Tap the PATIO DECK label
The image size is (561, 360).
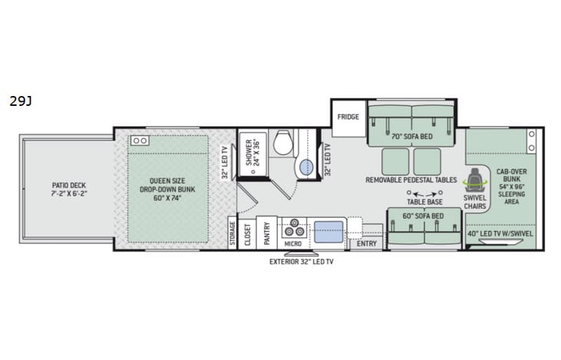tap(67, 190)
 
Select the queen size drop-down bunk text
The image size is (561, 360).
tap(167, 190)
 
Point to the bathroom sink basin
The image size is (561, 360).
tap(305, 167)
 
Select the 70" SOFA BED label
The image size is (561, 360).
tap(412, 137)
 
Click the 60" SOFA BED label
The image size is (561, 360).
tap(423, 216)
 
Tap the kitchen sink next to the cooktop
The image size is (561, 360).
tap(328, 230)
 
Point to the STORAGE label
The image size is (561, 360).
tap(232, 234)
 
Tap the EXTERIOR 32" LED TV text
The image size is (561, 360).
tap(302, 262)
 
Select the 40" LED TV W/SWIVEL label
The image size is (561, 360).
tap(500, 233)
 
